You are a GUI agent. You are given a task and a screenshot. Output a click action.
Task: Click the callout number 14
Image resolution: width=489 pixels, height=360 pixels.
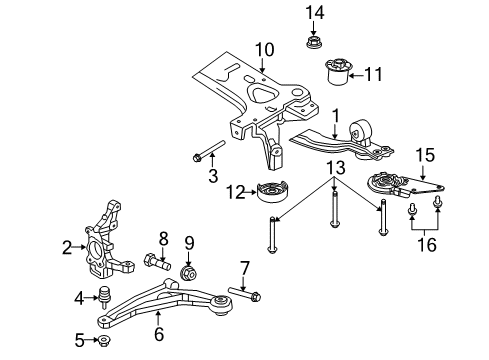(315, 12)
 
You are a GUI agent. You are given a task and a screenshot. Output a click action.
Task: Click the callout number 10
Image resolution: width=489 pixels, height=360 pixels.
(263, 49)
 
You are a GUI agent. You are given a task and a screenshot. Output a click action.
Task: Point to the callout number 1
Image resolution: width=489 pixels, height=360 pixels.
(337, 116)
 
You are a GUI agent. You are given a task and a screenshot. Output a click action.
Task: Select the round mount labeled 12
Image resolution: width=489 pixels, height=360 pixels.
(273, 193)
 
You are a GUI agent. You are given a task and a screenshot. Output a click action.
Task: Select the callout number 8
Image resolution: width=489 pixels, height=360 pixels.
(163, 237)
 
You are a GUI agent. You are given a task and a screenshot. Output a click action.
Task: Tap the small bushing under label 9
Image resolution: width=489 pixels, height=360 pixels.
(187, 272)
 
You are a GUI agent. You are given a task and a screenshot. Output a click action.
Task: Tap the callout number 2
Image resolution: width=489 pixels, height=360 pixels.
(66, 247)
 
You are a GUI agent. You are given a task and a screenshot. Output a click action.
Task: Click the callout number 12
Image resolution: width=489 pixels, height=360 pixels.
(237, 191)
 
